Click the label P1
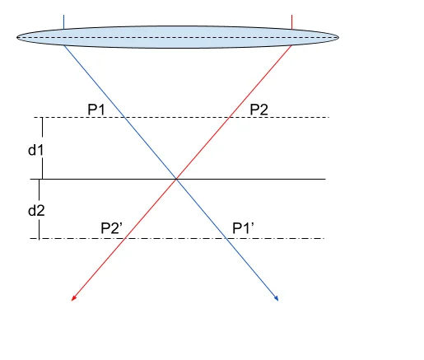96,110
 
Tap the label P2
259,110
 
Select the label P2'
111,228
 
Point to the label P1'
243,228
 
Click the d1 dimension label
35,150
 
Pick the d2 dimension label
36,211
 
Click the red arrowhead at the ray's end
73,299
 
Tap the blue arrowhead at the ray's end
277,298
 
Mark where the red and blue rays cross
176,179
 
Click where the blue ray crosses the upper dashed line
124,117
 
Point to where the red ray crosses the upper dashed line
229,117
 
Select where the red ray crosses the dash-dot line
125,238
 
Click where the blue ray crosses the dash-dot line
226,238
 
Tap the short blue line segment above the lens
63,22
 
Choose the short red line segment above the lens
292,22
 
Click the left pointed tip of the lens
16,37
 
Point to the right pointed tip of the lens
339,37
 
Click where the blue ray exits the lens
64,45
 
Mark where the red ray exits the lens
291,45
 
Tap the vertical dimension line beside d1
42,148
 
